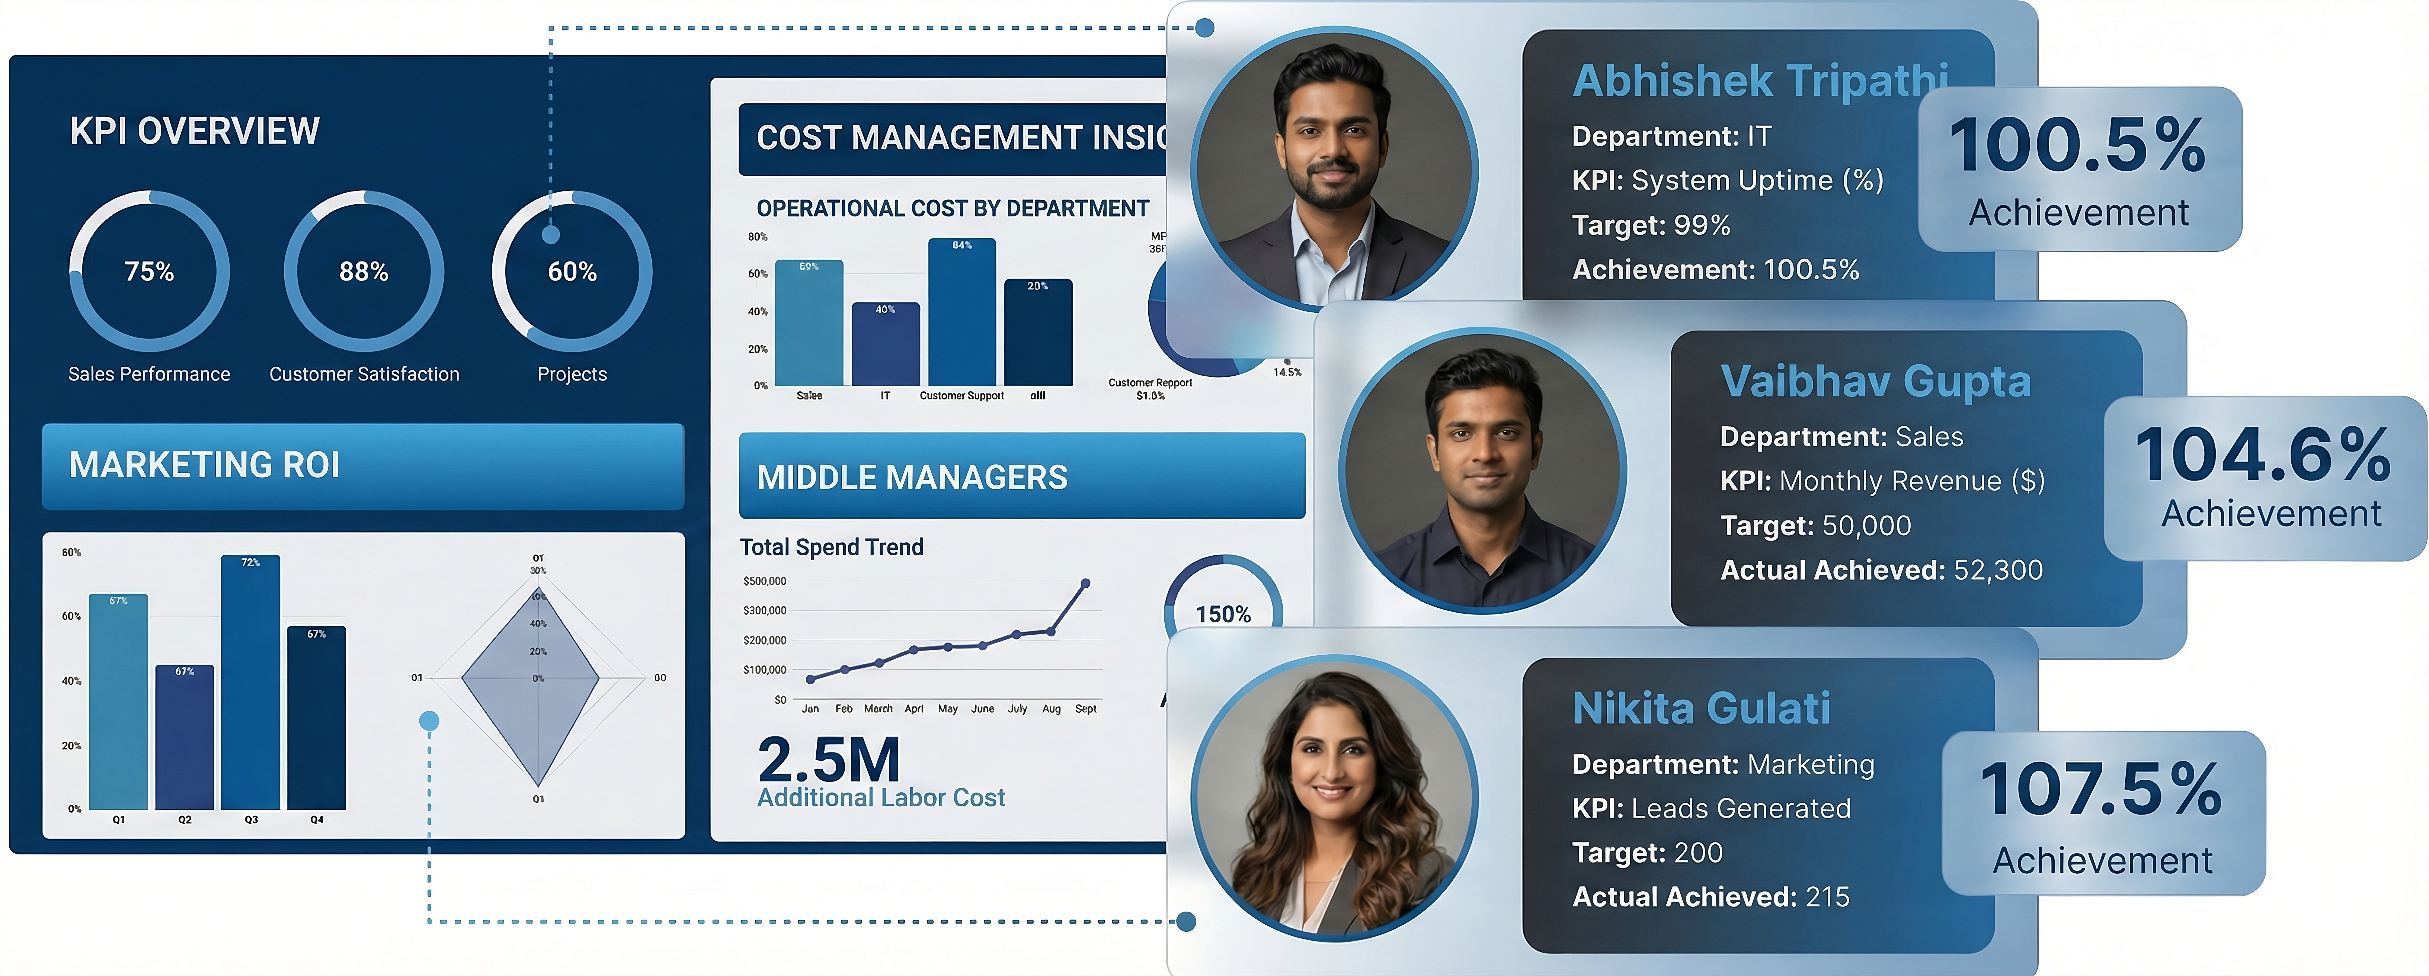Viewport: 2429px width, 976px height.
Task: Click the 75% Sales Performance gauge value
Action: (149, 272)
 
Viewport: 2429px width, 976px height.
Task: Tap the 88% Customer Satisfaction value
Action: (364, 272)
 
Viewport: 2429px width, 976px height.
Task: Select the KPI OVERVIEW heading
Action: (194, 131)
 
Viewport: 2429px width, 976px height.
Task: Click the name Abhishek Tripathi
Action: (1760, 81)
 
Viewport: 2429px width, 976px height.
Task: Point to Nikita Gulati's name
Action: (1701, 708)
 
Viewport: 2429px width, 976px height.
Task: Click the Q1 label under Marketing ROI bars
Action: (119, 819)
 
